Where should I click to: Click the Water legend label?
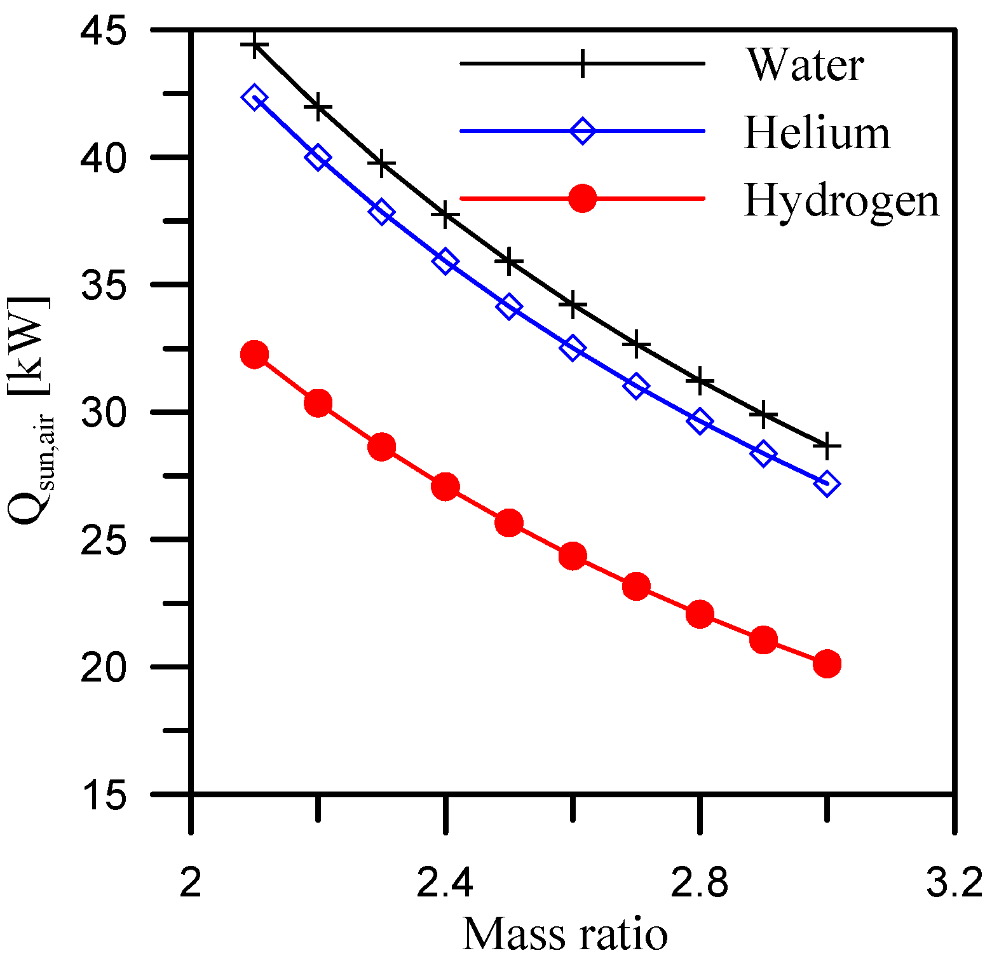805,64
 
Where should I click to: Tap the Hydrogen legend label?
841,201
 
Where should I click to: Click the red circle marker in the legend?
582,198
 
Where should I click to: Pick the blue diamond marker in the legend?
582,131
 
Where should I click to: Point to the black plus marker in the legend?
582,64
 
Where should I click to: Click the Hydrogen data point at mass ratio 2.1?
255,354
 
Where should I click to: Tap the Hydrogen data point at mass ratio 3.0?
827,664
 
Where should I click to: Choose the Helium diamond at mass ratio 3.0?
827,484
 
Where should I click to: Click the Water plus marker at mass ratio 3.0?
827,446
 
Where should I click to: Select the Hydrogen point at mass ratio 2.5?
509,523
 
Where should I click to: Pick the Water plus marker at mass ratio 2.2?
318,108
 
